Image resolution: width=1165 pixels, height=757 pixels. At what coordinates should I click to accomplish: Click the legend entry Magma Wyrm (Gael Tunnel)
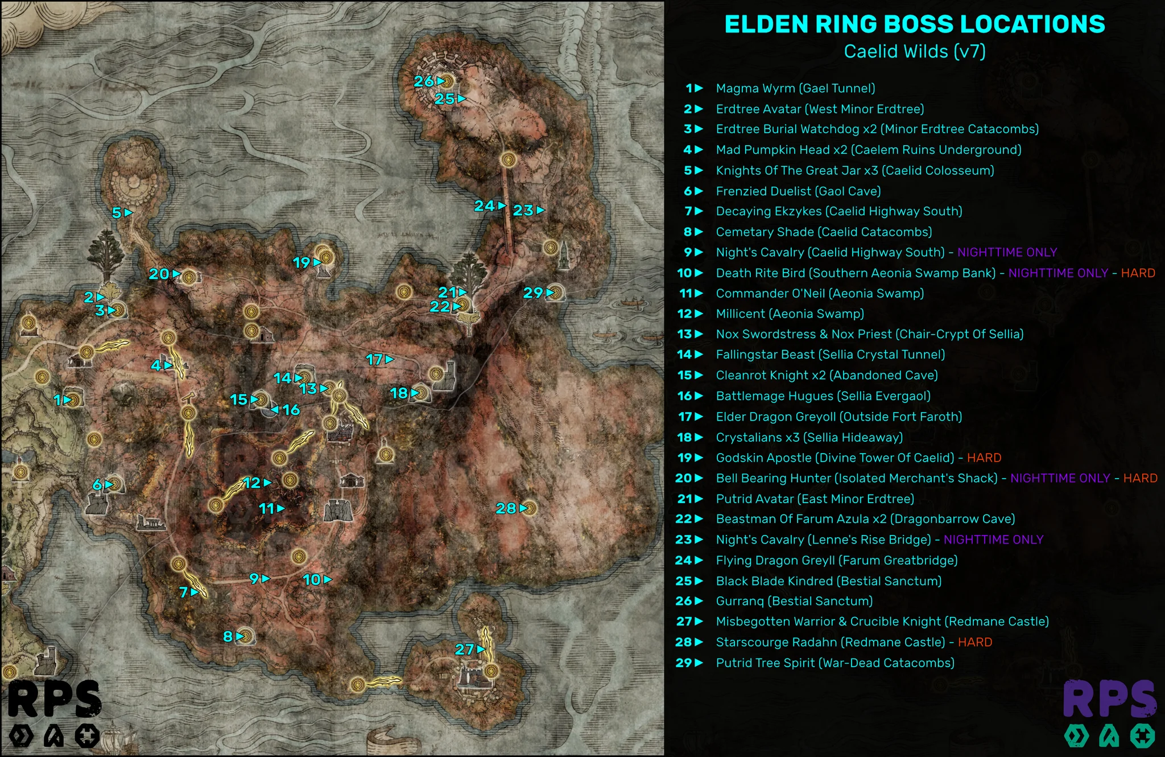coord(795,88)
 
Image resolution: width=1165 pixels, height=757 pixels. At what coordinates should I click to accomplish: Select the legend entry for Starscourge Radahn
coord(830,642)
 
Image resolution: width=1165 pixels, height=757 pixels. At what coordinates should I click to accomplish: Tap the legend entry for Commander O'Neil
coord(820,293)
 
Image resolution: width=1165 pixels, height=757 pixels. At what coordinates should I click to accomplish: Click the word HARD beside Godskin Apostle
coord(984,458)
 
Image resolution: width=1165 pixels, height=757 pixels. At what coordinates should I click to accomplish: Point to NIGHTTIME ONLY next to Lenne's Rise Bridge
coord(993,540)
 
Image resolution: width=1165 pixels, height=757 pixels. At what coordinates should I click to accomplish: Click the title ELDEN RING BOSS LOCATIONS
coord(915,24)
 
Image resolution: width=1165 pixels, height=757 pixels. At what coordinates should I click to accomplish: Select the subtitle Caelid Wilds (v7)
coord(915,51)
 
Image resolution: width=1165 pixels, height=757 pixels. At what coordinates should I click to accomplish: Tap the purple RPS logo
coord(1109,699)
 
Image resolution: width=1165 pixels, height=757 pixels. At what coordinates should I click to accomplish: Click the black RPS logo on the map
coord(55,700)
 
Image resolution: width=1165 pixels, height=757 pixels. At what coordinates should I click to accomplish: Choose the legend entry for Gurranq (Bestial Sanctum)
coord(794,601)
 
